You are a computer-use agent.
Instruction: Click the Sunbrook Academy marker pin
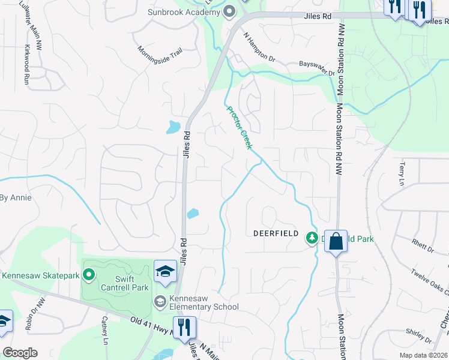(229, 11)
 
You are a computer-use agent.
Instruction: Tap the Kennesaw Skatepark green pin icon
(89, 275)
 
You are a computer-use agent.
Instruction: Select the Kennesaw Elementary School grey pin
(160, 301)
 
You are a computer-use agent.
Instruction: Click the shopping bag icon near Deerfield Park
(336, 241)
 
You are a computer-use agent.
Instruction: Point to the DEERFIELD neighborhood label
(276, 233)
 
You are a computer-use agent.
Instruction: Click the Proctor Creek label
(238, 127)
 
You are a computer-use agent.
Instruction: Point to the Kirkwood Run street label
(26, 65)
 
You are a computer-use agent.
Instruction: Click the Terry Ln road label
(402, 172)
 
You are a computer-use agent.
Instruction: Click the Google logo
(20, 353)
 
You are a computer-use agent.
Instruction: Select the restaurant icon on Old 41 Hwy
(184, 327)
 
